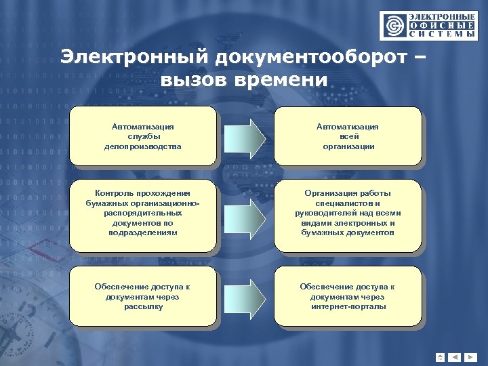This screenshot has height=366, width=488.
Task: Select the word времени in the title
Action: point(281,80)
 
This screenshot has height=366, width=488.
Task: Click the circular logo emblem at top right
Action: point(392,26)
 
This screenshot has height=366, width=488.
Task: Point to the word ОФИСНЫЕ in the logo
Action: point(441,25)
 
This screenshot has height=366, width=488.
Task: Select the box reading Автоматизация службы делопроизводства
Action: point(143,136)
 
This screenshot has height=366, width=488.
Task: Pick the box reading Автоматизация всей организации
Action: point(348,136)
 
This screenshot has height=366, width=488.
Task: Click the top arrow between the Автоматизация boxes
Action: point(246,136)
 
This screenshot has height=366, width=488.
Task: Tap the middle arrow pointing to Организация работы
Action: point(246,213)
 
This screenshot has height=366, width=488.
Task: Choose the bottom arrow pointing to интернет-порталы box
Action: point(246,296)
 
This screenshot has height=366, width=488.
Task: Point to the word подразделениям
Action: point(143,232)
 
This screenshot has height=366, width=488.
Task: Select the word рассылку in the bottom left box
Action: point(143,306)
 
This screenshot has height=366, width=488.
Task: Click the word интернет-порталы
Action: point(348,306)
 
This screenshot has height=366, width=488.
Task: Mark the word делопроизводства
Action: point(143,146)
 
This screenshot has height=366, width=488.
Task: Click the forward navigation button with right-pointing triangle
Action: point(472,357)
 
